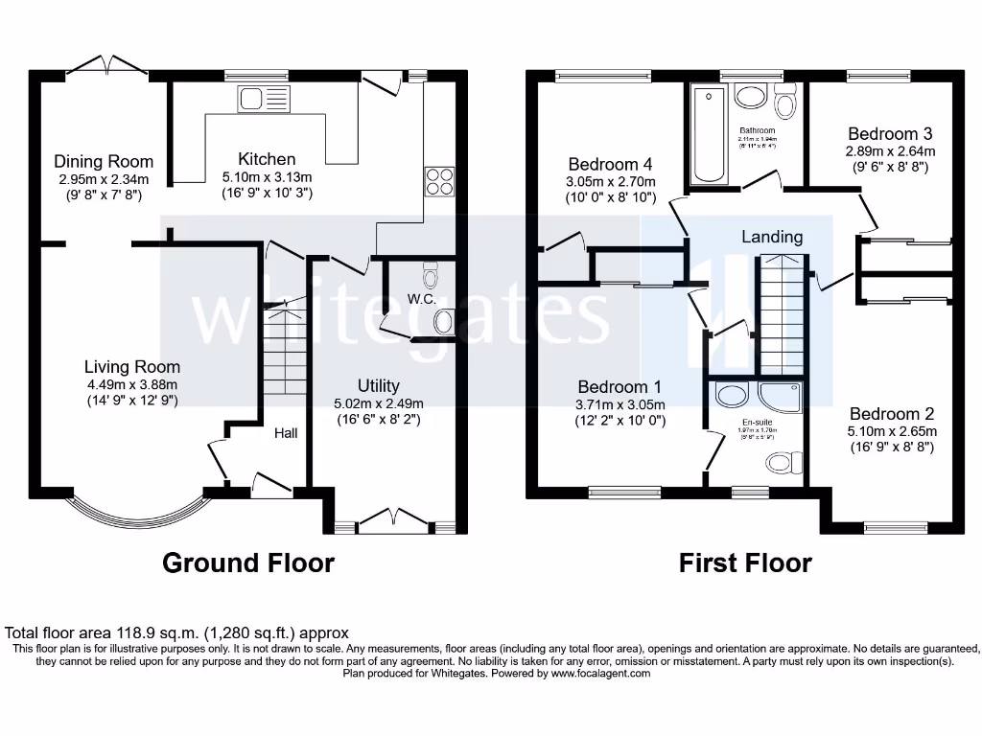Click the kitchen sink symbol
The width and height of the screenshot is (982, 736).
click(x=263, y=99)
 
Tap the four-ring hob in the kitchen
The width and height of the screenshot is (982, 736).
click(x=439, y=182)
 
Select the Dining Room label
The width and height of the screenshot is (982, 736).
click(x=104, y=162)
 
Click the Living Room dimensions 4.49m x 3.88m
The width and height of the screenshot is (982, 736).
click(x=131, y=383)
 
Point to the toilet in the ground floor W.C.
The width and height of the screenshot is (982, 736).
click(x=431, y=278)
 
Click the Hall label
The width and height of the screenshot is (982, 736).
click(x=286, y=433)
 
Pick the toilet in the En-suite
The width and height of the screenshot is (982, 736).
click(x=784, y=464)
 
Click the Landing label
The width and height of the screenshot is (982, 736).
click(x=772, y=237)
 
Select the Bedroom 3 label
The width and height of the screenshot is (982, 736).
click(x=890, y=134)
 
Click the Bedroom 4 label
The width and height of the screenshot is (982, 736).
click(x=610, y=164)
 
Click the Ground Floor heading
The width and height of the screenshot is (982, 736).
click(x=248, y=563)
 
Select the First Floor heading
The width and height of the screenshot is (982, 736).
click(x=745, y=563)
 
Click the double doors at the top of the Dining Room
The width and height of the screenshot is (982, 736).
click(x=107, y=65)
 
